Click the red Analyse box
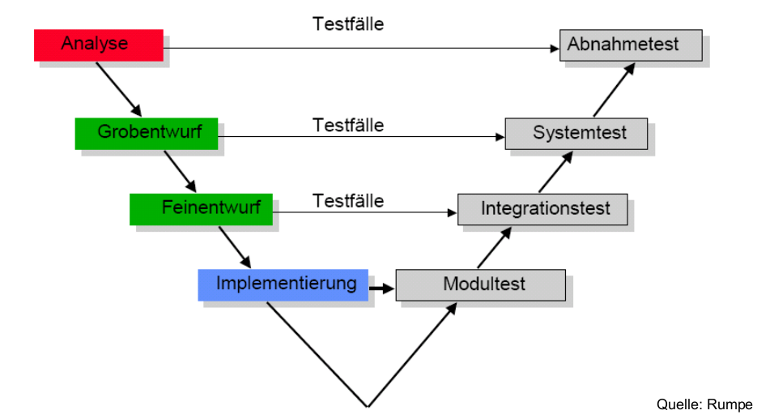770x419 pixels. click(x=98, y=45)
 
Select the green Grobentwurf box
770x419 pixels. click(x=146, y=133)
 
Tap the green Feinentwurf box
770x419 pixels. click(x=201, y=208)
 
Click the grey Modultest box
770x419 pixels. click(x=480, y=284)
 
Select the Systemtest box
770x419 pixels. click(x=576, y=133)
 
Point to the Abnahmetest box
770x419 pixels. click(x=630, y=45)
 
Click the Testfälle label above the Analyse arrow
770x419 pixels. click(x=348, y=24)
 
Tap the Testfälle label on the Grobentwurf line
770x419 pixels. click(x=348, y=126)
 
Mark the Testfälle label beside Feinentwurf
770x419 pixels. click(x=348, y=200)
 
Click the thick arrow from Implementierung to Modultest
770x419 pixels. click(x=381, y=287)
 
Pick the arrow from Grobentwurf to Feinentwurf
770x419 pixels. click(x=180, y=170)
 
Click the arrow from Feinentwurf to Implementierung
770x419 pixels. click(x=235, y=246)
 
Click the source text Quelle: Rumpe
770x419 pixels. click(x=704, y=404)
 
